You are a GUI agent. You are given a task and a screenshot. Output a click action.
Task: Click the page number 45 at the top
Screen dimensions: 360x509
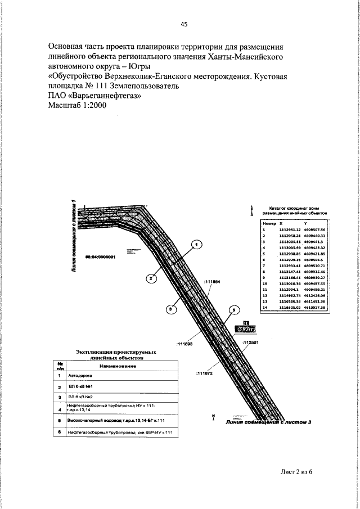point(184,24)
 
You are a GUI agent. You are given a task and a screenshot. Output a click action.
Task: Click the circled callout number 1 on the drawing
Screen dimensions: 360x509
point(196,245)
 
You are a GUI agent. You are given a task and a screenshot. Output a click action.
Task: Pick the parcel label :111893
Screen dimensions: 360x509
point(184,343)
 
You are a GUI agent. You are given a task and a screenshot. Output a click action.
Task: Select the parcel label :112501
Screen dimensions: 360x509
point(250,342)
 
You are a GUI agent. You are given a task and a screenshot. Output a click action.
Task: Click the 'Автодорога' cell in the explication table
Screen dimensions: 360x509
point(79,375)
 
